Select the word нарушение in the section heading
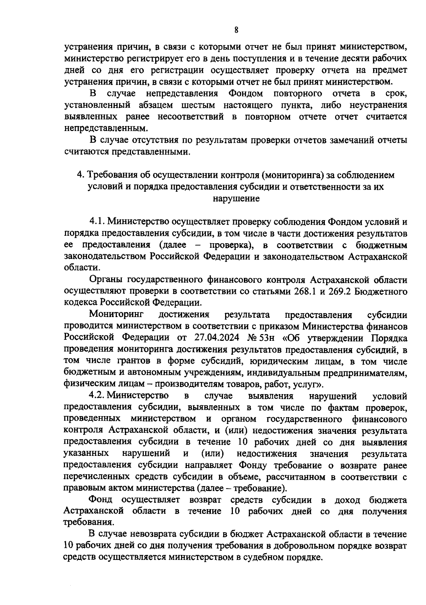tap(236, 198)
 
